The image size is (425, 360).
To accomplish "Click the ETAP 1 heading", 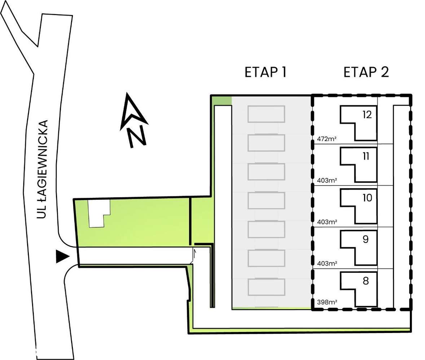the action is coord(265,72).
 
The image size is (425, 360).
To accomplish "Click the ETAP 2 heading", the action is coord(366,72).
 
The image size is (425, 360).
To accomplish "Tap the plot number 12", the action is coord(367,115).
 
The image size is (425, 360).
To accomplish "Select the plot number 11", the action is coord(366,156).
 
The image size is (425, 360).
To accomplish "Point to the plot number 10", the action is coord(367,198).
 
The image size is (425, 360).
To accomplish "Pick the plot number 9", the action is coord(365,239).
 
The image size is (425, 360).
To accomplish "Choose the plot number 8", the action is coord(365,281).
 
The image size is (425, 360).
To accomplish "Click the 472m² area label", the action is coord(327,139).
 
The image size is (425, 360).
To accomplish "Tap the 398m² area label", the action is coord(327,302).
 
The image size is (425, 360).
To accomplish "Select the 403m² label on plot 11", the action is coord(327,180).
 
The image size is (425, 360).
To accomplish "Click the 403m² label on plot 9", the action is coord(327,263).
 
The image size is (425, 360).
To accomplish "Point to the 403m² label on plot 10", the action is coord(327,222).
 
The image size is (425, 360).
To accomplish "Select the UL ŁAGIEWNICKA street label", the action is coord(43,169).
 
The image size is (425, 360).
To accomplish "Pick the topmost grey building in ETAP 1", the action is coord(266,114).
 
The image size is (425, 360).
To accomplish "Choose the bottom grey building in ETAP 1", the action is coord(266,287).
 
